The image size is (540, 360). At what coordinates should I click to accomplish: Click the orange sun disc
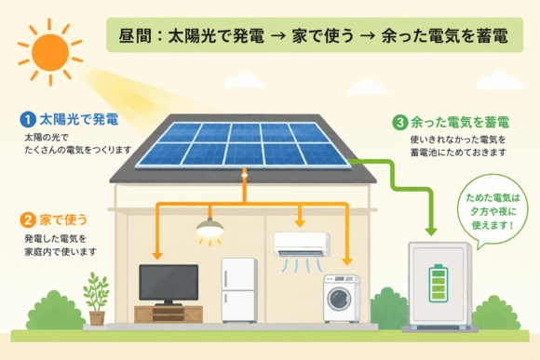pyautogui.click(x=50, y=53)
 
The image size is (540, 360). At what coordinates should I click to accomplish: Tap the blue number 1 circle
pyautogui.click(x=28, y=120)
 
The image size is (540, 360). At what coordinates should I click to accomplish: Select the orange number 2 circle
pyautogui.click(x=28, y=220)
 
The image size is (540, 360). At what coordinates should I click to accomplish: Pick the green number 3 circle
pyautogui.click(x=400, y=123)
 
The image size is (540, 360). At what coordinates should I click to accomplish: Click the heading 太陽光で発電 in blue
pyautogui.click(x=79, y=119)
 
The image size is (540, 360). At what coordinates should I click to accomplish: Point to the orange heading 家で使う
pyautogui.click(x=63, y=220)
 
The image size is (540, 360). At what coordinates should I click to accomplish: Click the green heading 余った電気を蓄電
pyautogui.click(x=460, y=123)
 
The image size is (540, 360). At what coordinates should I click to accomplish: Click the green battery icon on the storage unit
pyautogui.click(x=439, y=283)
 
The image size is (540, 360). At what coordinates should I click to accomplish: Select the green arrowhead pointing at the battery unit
pyautogui.click(x=431, y=232)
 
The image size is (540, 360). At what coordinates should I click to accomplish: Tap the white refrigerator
pyautogui.click(x=239, y=290)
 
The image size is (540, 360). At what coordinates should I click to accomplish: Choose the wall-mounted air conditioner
pyautogui.click(x=302, y=245)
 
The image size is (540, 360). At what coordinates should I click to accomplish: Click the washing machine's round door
pyautogui.click(x=339, y=300)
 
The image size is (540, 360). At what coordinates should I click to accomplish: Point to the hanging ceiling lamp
pyautogui.click(x=209, y=228)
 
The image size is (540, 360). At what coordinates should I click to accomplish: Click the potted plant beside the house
pyautogui.click(x=97, y=299)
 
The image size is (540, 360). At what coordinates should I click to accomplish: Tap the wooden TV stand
pyautogui.click(x=169, y=314)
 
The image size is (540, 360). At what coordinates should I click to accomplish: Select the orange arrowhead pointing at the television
pyautogui.click(x=157, y=256)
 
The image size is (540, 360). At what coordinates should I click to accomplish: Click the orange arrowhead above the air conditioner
pyautogui.click(x=300, y=223)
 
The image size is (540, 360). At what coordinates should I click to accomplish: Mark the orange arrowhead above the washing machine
pyautogui.click(x=347, y=261)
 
